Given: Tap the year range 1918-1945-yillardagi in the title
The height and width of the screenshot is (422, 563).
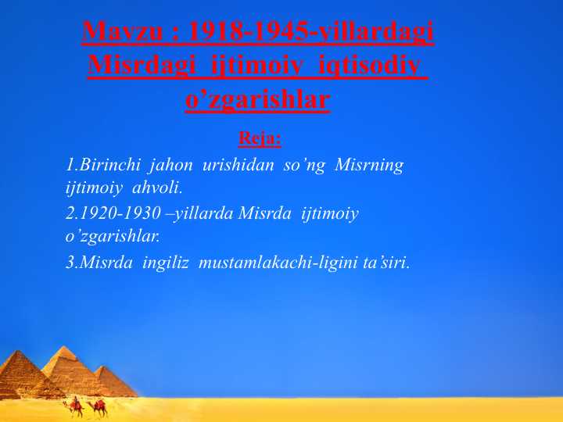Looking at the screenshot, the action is click(311, 32).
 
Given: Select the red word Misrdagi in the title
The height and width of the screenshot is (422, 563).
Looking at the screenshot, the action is click(142, 66).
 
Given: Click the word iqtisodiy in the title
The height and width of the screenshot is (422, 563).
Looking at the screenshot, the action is click(369, 66).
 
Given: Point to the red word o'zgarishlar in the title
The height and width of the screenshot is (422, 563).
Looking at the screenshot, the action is click(257, 99).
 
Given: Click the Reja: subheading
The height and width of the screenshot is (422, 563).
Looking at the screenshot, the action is click(260, 138).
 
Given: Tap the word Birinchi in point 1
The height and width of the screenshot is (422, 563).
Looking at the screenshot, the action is click(109, 165).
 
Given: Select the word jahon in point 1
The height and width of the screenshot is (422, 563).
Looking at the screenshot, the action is click(171, 166).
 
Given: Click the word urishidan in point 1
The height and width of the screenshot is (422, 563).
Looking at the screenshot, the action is click(238, 165).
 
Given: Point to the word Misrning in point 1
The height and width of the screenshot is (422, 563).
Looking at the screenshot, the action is click(369, 166).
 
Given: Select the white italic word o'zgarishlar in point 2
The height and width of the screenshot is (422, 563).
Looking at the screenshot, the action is click(112, 236).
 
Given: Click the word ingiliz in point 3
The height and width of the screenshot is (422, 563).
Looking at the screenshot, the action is click(166, 263).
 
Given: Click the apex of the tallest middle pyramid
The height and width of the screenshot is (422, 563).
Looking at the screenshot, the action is click(64, 346).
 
